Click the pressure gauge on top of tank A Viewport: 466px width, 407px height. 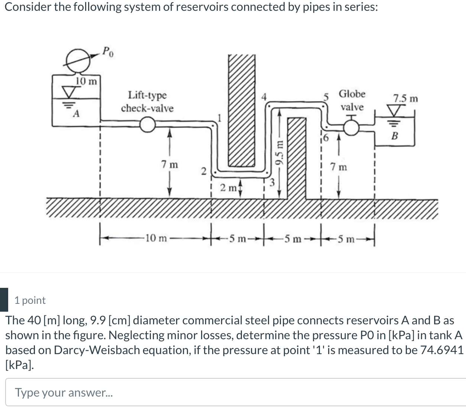[78, 60]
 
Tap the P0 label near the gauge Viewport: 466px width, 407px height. [108, 51]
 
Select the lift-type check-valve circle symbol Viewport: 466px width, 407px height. [148, 125]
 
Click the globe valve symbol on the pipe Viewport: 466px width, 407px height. [351, 128]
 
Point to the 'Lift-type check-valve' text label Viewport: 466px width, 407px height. [147, 101]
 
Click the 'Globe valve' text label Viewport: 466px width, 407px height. [352, 100]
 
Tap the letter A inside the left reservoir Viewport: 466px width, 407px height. [76, 114]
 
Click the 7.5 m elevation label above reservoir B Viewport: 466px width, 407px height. [405, 99]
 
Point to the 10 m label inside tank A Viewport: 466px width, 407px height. [86, 81]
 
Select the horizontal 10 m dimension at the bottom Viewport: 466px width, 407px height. [156, 238]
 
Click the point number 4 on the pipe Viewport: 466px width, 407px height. [264, 97]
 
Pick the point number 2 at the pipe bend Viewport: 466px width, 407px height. [203, 171]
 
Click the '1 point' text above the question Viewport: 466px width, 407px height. [30, 300]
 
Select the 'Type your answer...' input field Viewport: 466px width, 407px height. [234, 392]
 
